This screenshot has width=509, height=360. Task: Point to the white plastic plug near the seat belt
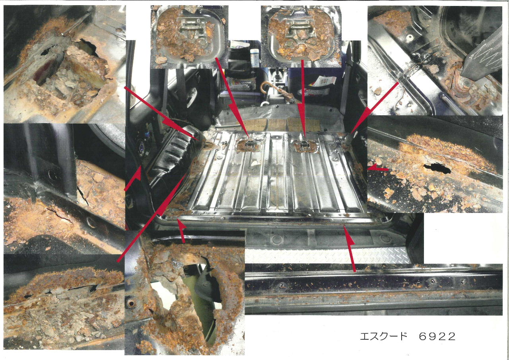(410, 36)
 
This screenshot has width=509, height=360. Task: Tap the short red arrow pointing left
(378, 169)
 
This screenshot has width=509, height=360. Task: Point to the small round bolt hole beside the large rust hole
(131, 304)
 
